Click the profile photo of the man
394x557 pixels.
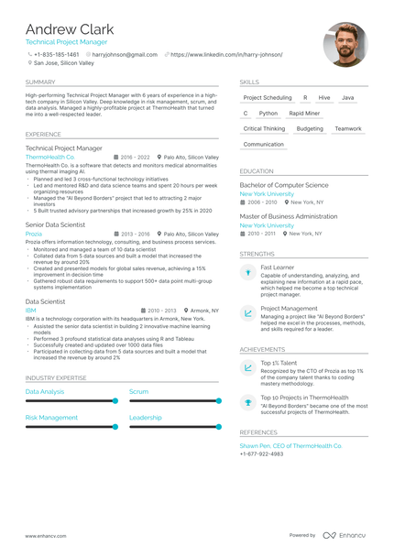point(345,44)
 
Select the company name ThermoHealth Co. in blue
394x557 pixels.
point(50,157)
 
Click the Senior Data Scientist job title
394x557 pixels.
point(55,224)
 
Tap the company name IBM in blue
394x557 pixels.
point(30,311)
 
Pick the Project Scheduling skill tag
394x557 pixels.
point(268,97)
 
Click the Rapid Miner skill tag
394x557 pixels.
point(304,113)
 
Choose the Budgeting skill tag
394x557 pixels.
point(310,128)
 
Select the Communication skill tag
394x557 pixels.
point(264,144)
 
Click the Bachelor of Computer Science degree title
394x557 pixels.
point(289,185)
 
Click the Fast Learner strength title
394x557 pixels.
point(278,267)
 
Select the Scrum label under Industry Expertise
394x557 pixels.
point(138,391)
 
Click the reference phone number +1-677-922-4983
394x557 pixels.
point(261,453)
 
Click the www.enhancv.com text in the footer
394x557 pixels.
point(44,535)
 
